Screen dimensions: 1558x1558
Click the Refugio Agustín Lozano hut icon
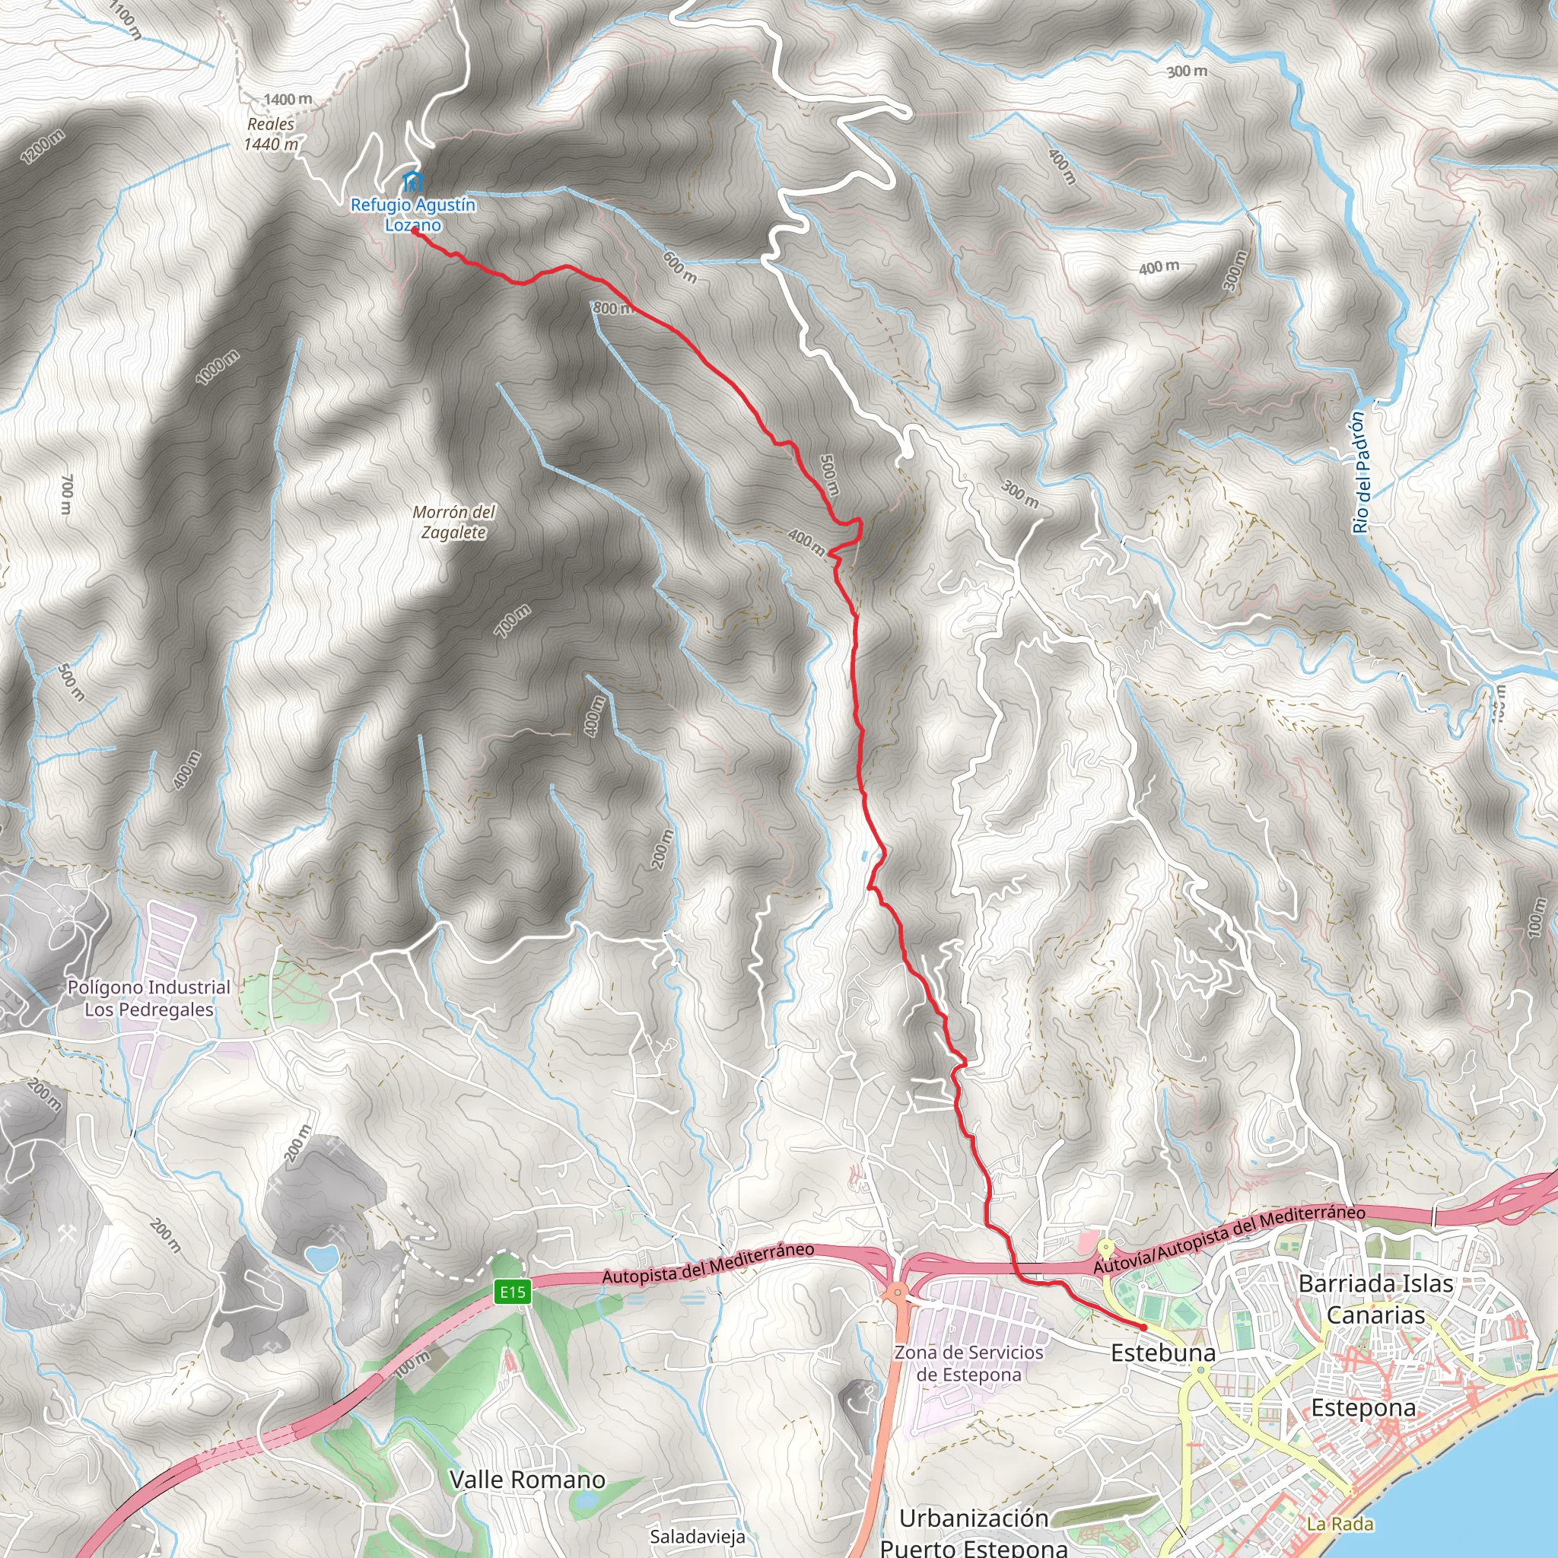[412, 180]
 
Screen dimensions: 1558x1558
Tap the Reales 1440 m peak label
[271, 134]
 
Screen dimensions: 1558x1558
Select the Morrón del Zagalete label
[453, 522]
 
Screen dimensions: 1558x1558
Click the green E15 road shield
[512, 1293]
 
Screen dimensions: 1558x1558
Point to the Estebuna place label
[1162, 1353]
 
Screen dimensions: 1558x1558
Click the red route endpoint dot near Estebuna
[1143, 1327]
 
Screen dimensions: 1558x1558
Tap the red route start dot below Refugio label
[414, 231]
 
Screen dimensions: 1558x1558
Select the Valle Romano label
[526, 1479]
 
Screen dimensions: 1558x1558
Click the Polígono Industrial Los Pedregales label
[149, 998]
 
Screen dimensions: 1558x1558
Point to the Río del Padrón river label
[1359, 472]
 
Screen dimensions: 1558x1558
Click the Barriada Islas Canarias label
[1375, 1299]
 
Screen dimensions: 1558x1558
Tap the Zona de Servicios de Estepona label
[968, 1362]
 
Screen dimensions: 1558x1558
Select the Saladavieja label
[697, 1536]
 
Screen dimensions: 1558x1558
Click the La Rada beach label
[1340, 1523]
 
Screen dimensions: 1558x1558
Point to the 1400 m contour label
[288, 99]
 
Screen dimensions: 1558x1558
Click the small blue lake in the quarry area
[322, 1258]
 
